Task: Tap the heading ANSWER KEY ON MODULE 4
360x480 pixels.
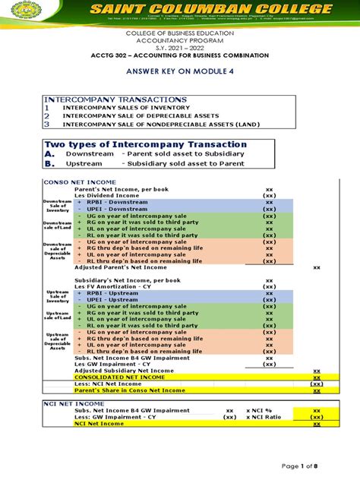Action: (x=179, y=75)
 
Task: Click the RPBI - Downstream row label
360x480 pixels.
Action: (x=111, y=202)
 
